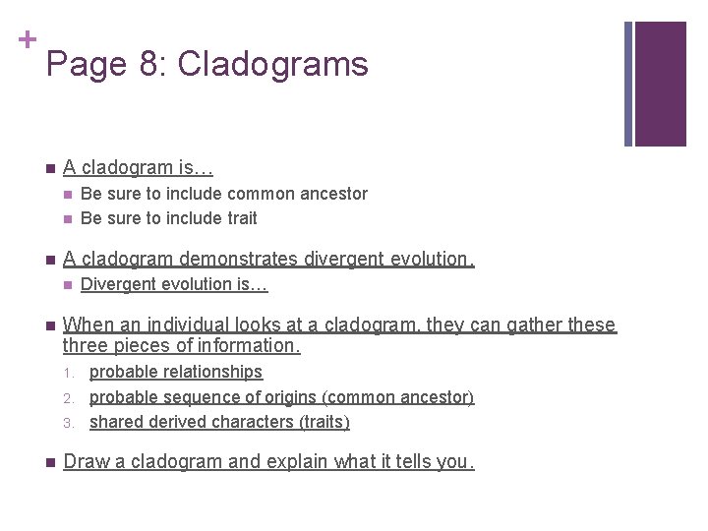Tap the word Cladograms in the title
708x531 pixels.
(272, 65)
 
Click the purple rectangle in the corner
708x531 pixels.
(660, 84)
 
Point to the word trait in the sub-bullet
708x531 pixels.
(238, 218)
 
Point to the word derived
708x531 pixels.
(171, 422)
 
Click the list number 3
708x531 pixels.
(69, 423)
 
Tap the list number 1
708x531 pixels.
(69, 373)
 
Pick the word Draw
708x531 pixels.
(83, 461)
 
